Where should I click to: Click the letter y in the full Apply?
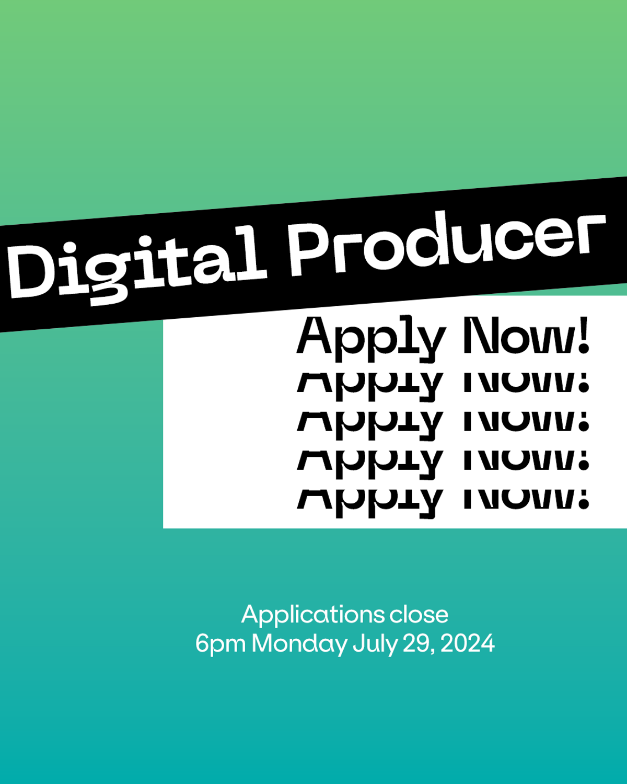pos(432,342)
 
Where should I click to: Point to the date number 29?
pos(416,643)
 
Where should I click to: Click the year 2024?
pos(468,643)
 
